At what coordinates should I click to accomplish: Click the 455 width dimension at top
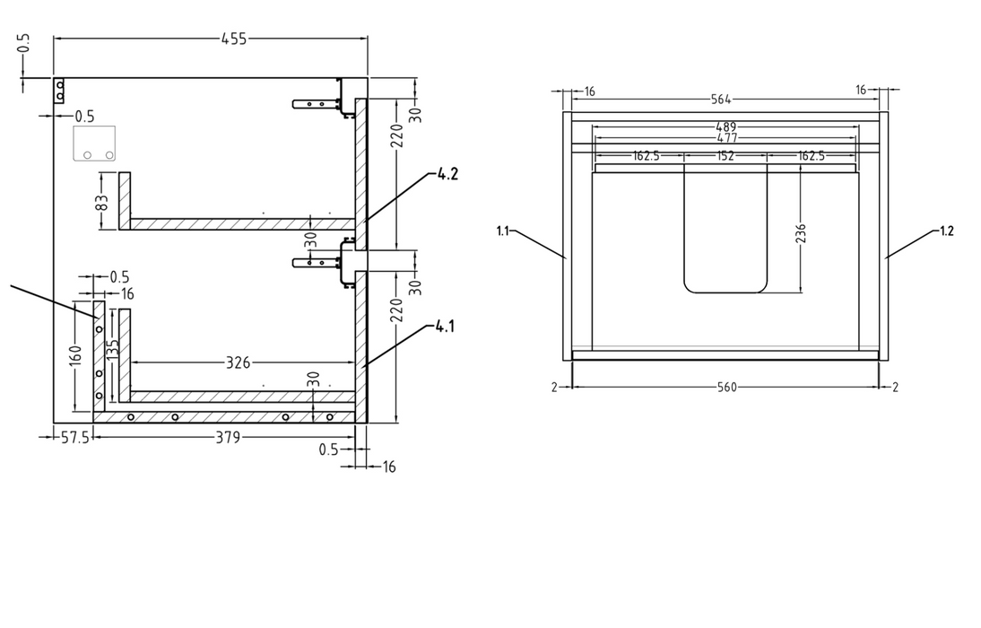(x=233, y=39)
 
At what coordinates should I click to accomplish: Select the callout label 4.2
(x=447, y=174)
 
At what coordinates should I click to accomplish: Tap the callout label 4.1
(x=446, y=327)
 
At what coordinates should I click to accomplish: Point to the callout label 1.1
(x=502, y=231)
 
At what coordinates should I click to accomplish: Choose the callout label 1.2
(x=946, y=231)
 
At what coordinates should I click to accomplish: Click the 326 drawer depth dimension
(x=239, y=362)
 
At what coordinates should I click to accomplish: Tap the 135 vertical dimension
(x=114, y=350)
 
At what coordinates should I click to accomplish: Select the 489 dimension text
(x=726, y=127)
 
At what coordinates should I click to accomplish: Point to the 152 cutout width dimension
(x=725, y=155)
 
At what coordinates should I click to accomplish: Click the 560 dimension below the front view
(x=726, y=387)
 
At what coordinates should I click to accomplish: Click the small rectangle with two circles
(x=94, y=144)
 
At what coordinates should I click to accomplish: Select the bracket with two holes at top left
(x=59, y=91)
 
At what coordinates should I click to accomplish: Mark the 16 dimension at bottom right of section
(x=388, y=467)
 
